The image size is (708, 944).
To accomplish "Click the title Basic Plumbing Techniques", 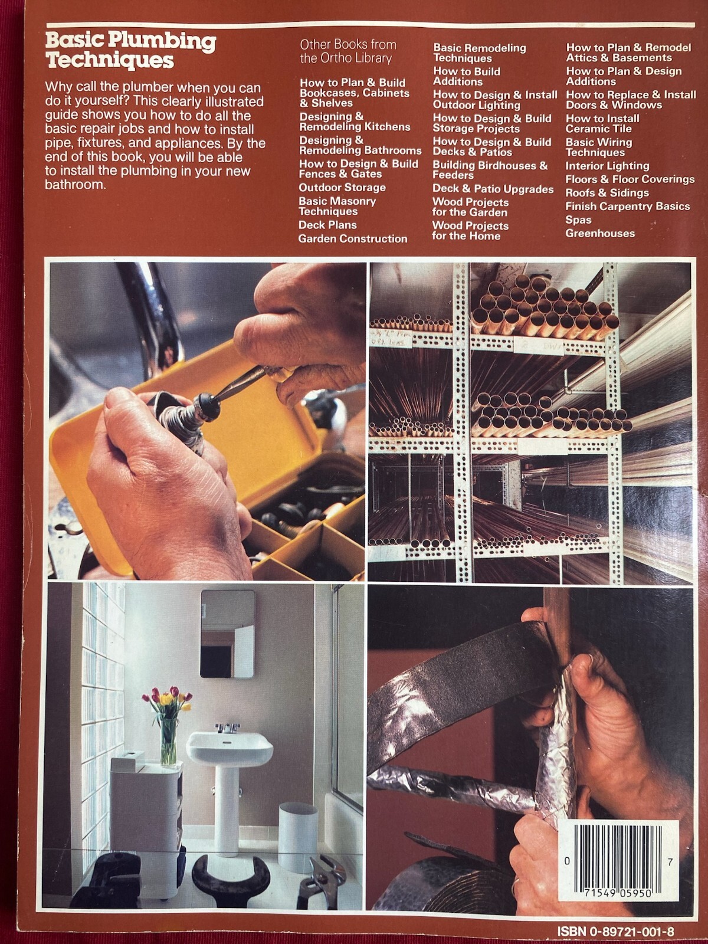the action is (x=130, y=50).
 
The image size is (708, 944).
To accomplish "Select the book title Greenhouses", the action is (x=599, y=234).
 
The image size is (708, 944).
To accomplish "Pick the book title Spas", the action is (x=578, y=219).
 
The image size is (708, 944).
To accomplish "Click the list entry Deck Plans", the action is (x=327, y=225).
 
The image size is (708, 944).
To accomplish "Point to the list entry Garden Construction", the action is (x=352, y=239).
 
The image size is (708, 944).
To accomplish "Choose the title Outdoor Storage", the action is (x=342, y=188).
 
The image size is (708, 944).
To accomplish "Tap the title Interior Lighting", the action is (x=607, y=166).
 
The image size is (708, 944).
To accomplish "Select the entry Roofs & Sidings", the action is (x=607, y=193).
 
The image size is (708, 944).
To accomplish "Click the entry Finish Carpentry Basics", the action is (x=628, y=206).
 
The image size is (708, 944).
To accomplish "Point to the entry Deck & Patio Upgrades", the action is (x=493, y=189).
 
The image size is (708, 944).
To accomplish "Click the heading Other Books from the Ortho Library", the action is (x=348, y=51).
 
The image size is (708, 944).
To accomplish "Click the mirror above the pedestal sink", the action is (x=227, y=634).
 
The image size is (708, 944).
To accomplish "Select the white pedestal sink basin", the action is (x=230, y=748).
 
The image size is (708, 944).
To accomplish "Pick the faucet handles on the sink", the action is (x=227, y=727).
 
